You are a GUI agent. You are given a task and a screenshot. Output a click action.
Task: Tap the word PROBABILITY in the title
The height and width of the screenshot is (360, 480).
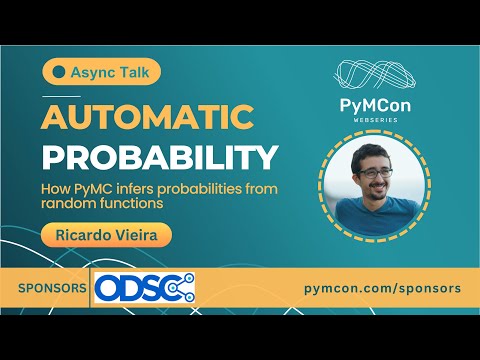tap(160, 158)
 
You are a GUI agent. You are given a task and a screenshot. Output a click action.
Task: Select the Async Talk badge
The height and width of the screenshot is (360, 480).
tap(102, 73)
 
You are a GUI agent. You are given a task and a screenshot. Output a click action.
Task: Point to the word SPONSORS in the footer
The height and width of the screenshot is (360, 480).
tap(52, 288)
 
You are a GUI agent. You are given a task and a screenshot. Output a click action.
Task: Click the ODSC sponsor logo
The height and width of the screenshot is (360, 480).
tap(144, 288)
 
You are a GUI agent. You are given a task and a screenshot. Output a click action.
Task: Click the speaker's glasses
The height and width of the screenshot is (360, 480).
tap(375, 172)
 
